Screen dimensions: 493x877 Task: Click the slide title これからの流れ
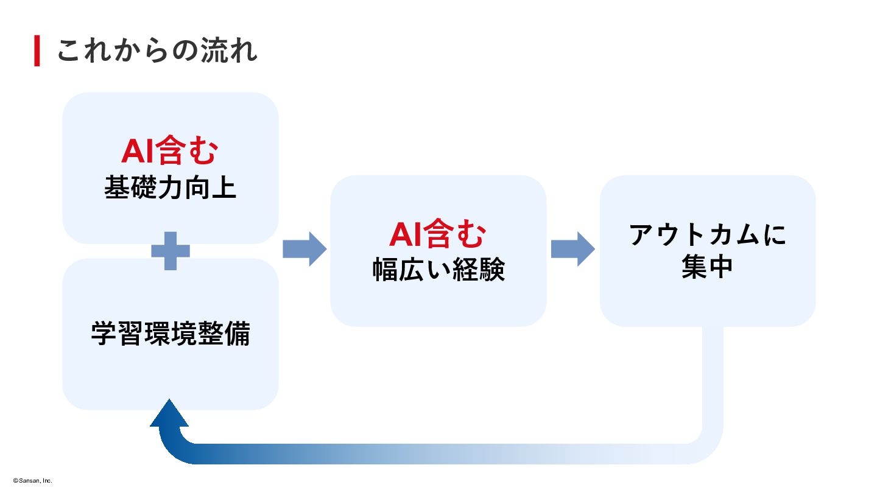pyautogui.click(x=157, y=51)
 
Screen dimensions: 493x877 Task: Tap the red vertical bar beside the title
pyautogui.click(x=37, y=51)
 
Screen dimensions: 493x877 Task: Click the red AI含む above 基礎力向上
pyautogui.click(x=169, y=151)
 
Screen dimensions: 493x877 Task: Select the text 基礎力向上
pyautogui.click(x=170, y=187)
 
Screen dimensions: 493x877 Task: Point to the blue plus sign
pyautogui.click(x=171, y=250)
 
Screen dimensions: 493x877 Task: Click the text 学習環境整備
pyautogui.click(x=171, y=333)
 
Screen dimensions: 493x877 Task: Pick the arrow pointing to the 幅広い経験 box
pyautogui.click(x=305, y=249)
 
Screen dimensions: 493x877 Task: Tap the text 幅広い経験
pyautogui.click(x=438, y=270)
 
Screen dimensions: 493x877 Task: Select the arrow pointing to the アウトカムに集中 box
pyautogui.click(x=572, y=249)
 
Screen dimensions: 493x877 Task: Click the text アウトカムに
pyautogui.click(x=708, y=235)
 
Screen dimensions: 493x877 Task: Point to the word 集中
pyautogui.click(x=707, y=268)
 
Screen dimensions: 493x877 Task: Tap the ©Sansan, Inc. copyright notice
pyautogui.click(x=33, y=481)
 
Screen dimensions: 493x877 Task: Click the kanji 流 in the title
pyautogui.click(x=216, y=51)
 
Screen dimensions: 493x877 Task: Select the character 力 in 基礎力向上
pyautogui.click(x=170, y=187)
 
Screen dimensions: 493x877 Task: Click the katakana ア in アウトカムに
pyautogui.click(x=643, y=235)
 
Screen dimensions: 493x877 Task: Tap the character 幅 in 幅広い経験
pyautogui.click(x=385, y=270)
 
